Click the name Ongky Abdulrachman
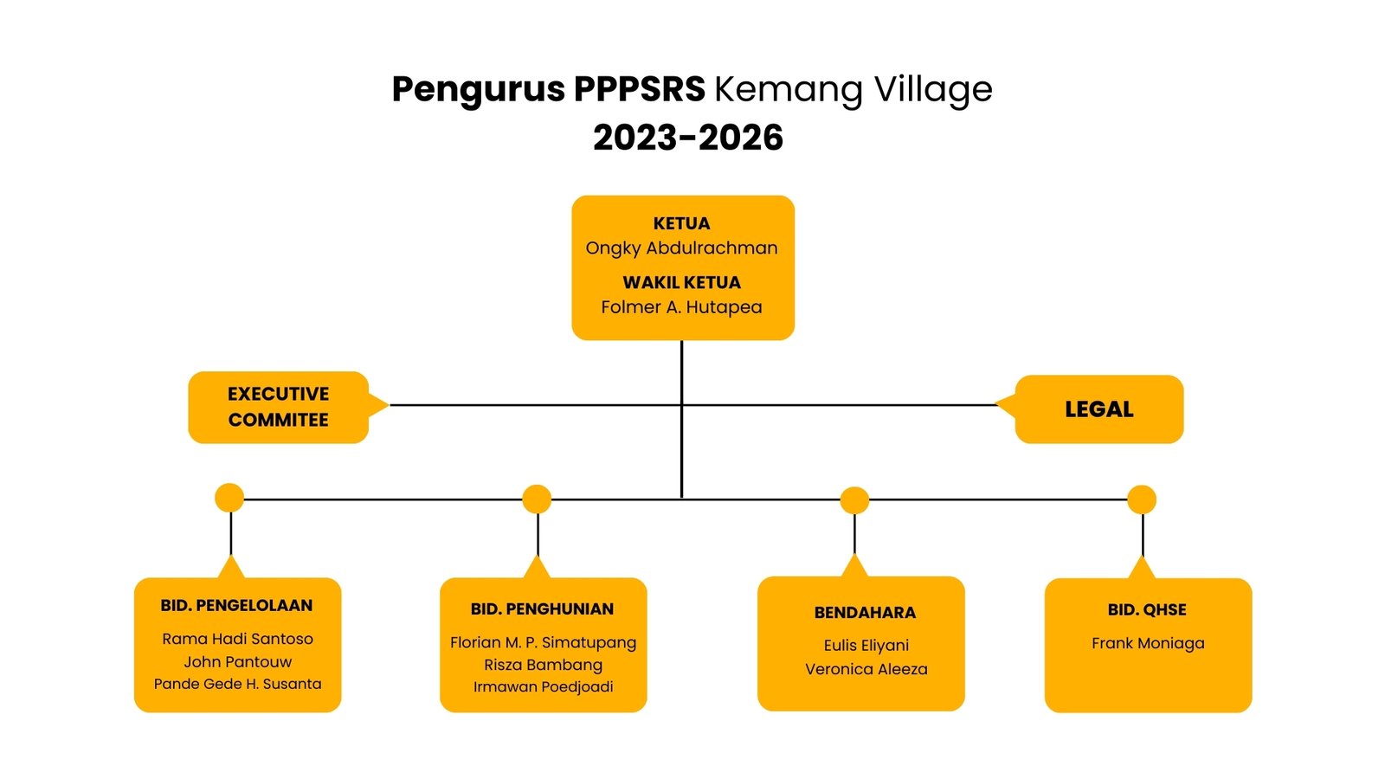coord(681,248)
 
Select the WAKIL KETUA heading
coord(681,282)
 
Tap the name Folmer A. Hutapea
coord(681,307)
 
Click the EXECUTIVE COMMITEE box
coord(278,407)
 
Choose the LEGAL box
coord(1098,409)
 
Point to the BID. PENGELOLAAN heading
coord(236,606)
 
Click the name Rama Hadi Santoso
coord(237,639)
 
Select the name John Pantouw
coord(237,662)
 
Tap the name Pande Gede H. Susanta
coord(237,684)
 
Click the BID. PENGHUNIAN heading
coord(542,609)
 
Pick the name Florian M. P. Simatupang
coord(543,642)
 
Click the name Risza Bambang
coord(543,665)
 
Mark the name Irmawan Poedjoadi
coord(543,686)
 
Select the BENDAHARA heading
coord(865,613)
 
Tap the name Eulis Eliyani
coord(866,645)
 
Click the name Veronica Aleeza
coord(866,669)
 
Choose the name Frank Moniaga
coord(1148,643)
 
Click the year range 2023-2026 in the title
coord(688,138)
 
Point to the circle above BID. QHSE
coord(1142,499)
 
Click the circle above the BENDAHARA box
coord(854,499)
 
